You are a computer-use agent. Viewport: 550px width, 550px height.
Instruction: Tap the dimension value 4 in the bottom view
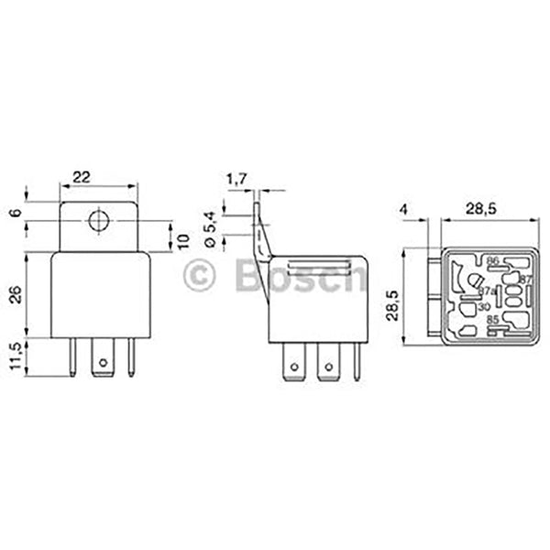404,210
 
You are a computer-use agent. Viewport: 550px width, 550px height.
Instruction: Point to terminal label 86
492,261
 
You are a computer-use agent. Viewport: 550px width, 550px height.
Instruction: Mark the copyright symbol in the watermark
200,275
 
